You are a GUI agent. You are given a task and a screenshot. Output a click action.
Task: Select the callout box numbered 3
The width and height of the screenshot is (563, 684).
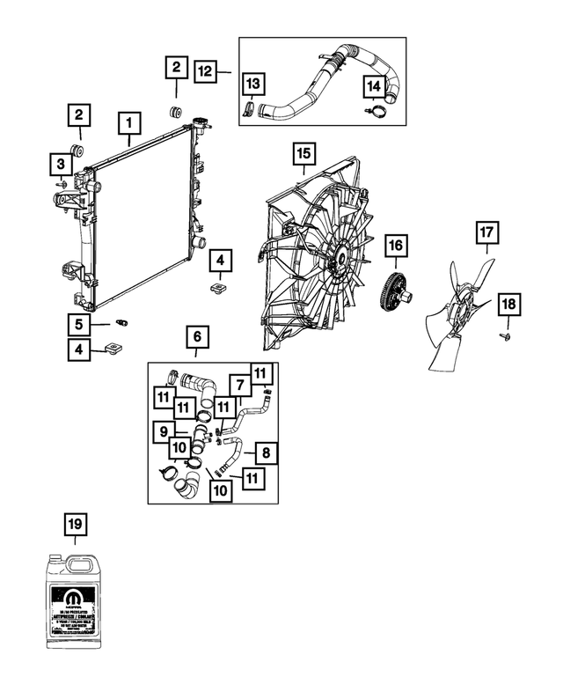[x=61, y=163]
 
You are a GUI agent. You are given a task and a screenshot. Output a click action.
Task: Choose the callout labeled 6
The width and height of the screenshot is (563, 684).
[x=197, y=337]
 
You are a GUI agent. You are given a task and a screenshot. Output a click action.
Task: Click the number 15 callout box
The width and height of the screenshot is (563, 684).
[x=303, y=156]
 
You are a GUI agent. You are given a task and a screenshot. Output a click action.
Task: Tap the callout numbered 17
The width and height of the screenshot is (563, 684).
[x=487, y=233]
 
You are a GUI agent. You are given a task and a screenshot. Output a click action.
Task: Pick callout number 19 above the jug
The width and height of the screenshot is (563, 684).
[x=76, y=525]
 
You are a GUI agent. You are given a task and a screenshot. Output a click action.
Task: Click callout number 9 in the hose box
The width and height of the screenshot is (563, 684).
[x=163, y=431]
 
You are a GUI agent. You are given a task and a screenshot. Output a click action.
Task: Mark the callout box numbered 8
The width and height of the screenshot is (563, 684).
[x=267, y=453]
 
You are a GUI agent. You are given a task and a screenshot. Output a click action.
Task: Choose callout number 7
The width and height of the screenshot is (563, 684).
[x=238, y=385]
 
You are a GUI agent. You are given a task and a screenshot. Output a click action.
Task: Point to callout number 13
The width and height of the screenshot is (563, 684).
[x=252, y=84]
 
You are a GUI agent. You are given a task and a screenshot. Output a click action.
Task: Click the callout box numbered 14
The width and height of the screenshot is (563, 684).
[x=373, y=86]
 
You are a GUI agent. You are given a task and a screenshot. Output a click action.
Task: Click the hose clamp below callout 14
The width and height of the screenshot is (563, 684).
[x=376, y=112]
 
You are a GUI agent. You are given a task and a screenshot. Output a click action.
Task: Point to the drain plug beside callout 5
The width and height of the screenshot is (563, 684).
[x=122, y=323]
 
